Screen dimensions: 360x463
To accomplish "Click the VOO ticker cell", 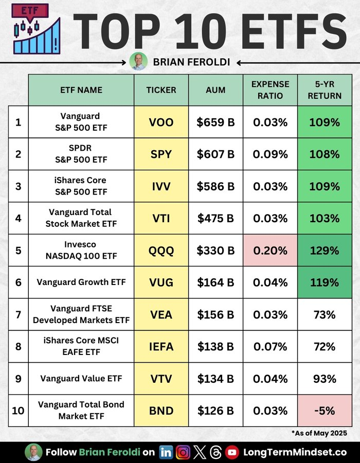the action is (x=161, y=122).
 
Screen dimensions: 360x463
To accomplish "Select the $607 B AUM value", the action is (x=215, y=154).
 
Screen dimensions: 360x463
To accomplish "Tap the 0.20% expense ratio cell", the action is (x=271, y=251).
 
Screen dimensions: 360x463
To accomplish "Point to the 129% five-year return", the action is (x=325, y=251).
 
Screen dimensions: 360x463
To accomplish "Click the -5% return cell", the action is (x=325, y=411).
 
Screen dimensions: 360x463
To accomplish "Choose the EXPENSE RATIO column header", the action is (x=271, y=90).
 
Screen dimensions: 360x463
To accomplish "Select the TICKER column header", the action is (x=161, y=90).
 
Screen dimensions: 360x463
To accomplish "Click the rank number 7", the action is (x=19, y=314).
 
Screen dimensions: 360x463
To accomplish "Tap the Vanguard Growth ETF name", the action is (x=81, y=282).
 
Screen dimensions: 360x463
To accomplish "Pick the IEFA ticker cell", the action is (x=161, y=346).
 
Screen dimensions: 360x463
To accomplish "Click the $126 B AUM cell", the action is (x=215, y=411).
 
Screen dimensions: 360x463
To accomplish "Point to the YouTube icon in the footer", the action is (x=232, y=452).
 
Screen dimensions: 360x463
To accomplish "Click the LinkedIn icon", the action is (x=166, y=452).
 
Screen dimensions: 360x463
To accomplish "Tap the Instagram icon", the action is (x=183, y=452).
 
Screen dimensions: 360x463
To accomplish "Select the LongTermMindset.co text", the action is (x=295, y=452).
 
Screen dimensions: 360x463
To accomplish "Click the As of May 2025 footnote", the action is (x=319, y=433).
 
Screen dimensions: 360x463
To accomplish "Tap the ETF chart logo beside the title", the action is (x=35, y=29).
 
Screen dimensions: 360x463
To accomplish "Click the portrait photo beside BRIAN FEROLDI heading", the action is (x=138, y=61).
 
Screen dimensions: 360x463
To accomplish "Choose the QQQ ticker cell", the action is (x=161, y=251).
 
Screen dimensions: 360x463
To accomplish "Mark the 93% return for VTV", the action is (x=325, y=379).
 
